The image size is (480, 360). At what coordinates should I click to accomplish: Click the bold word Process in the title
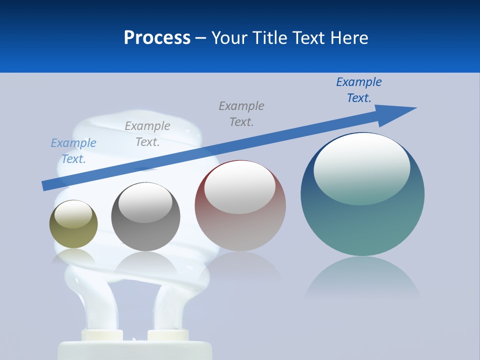[157, 38]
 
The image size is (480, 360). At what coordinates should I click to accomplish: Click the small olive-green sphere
[73, 224]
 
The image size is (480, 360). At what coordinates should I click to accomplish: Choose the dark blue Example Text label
[359, 90]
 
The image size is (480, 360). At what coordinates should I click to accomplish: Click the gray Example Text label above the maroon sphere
[241, 114]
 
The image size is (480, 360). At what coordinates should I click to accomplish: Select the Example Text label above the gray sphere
[147, 134]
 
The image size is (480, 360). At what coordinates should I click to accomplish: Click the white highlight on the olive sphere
[73, 214]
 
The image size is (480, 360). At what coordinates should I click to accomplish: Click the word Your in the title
[229, 38]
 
